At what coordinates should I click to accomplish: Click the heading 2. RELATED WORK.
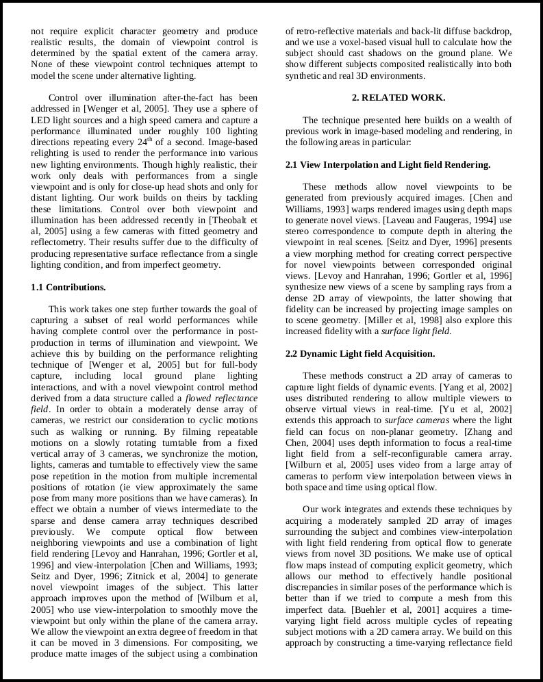click(x=398, y=98)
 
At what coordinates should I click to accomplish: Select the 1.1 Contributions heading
click(x=68, y=287)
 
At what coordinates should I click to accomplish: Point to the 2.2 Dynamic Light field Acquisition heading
click(x=360, y=354)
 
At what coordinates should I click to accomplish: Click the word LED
click(x=40, y=120)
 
